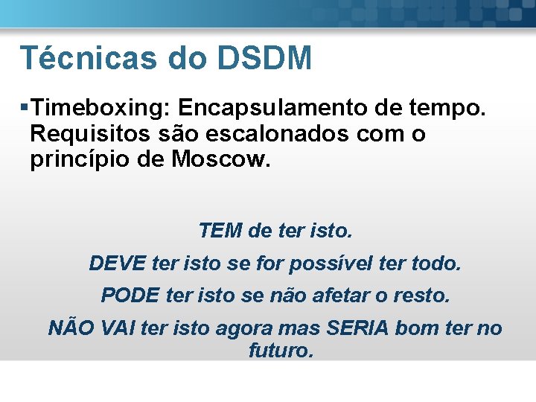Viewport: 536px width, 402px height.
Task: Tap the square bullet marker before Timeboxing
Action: pos(26,108)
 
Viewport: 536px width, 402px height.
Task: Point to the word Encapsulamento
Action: pos(269,108)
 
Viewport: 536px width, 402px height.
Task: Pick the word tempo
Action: pos(449,108)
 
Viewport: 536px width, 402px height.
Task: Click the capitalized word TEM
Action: pos(220,231)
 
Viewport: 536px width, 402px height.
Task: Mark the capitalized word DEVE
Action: pos(116,263)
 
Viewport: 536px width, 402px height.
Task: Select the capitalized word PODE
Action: pos(130,296)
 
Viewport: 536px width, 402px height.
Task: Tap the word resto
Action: pos(424,296)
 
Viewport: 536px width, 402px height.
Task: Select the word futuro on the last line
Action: pos(281,350)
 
